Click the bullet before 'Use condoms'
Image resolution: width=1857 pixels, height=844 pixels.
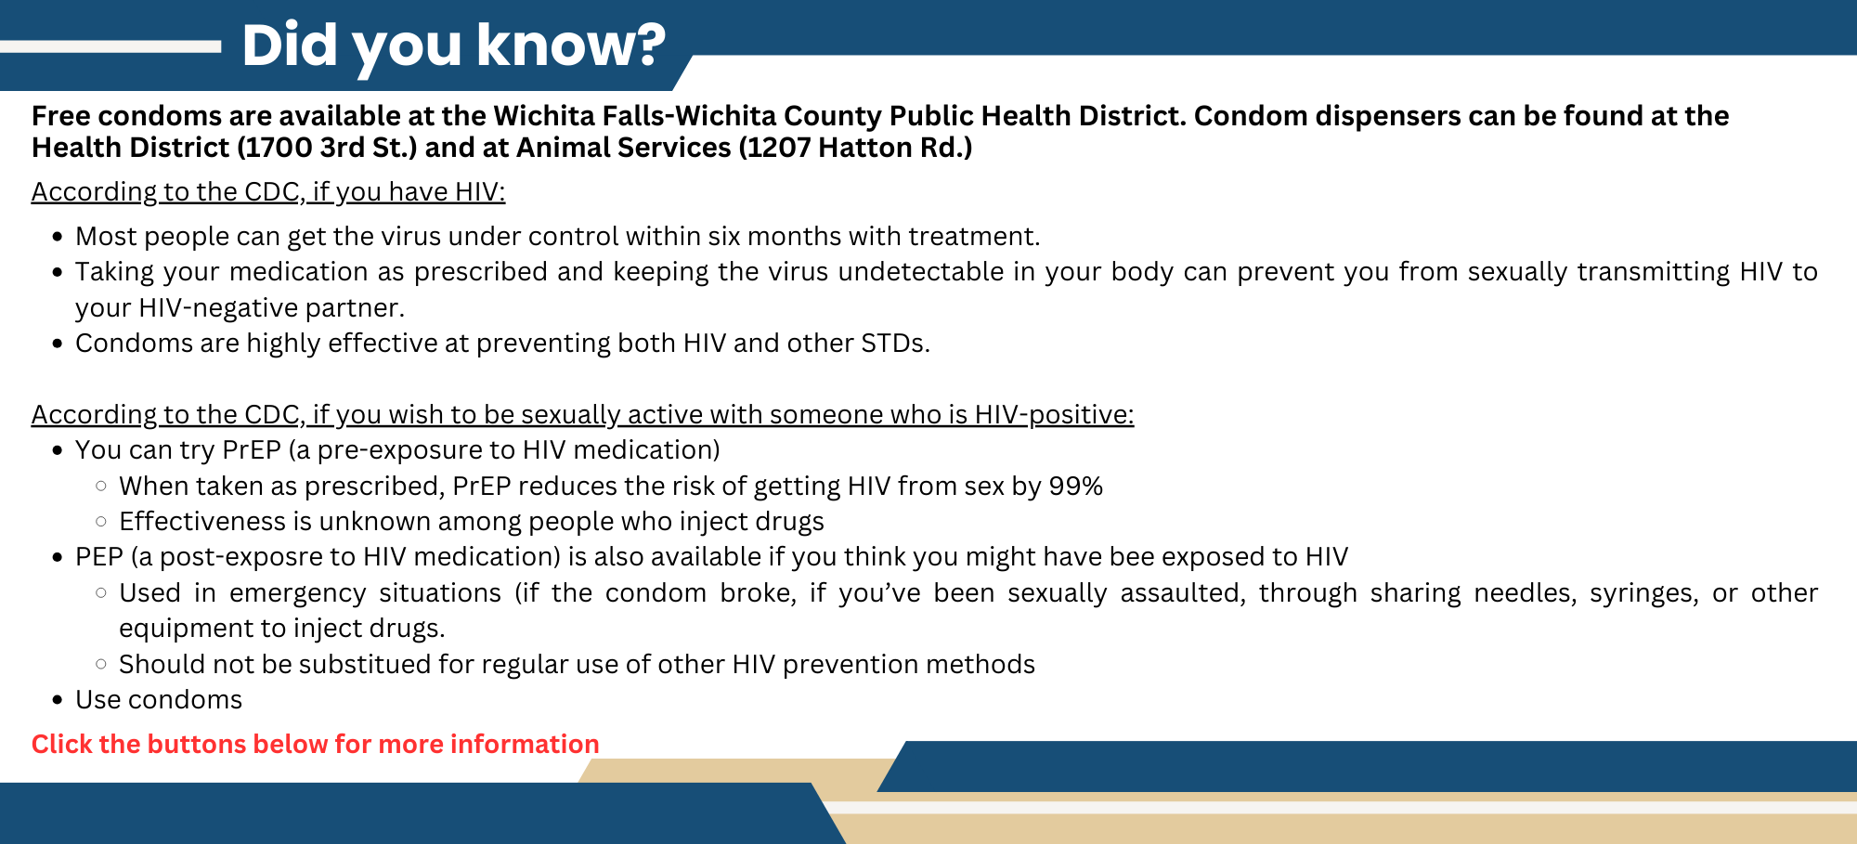coord(58,700)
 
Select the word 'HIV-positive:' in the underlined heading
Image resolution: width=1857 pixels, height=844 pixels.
coord(1054,415)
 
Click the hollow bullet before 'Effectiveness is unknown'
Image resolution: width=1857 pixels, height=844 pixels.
coord(101,522)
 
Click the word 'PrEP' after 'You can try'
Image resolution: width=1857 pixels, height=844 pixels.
coord(251,450)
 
